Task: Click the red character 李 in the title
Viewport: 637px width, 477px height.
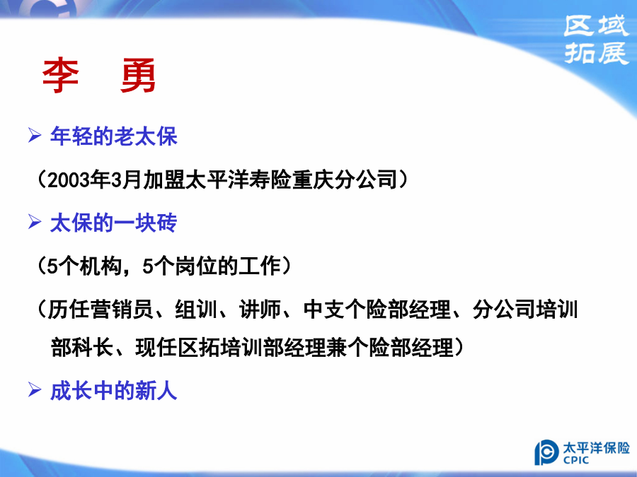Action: [61, 76]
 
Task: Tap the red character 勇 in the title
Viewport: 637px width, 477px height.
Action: [138, 76]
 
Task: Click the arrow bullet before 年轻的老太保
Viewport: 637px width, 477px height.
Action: [35, 135]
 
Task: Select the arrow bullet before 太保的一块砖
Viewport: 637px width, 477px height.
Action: [35, 222]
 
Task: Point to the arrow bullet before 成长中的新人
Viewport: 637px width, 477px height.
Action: [35, 390]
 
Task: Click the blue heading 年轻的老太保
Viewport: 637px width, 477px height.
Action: [114, 136]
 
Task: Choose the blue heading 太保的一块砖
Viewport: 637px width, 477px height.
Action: [114, 223]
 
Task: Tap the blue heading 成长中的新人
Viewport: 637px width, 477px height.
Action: [114, 391]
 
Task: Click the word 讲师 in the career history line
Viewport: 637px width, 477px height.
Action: [260, 310]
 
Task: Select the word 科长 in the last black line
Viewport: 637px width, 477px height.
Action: [93, 348]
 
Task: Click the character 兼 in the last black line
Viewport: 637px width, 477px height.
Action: [336, 348]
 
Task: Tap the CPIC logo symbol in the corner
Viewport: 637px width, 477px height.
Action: [546, 452]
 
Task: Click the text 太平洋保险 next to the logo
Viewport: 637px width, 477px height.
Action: [596, 448]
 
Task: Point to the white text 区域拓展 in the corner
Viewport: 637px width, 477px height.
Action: [597, 40]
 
